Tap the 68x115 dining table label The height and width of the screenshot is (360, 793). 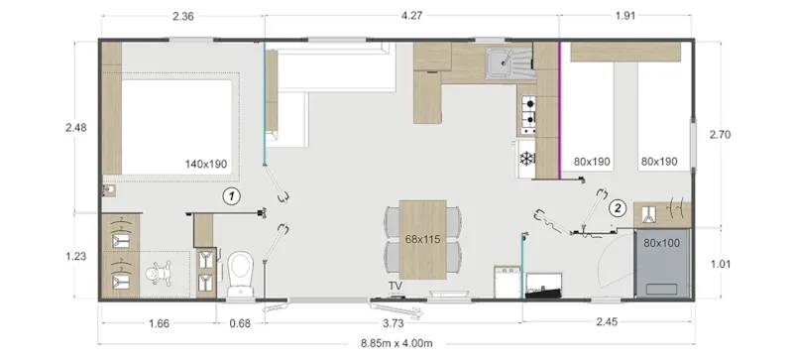coord(422,239)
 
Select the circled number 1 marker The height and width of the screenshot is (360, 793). coord(231,195)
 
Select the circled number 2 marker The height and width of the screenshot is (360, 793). coord(617,208)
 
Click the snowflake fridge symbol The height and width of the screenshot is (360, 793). coord(525,158)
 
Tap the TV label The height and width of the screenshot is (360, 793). coord(396,289)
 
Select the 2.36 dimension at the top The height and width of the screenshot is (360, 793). coord(182,16)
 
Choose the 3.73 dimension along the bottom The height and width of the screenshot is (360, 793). coord(396,322)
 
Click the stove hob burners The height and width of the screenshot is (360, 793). coord(528,114)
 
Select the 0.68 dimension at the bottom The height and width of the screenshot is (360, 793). coord(239,322)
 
